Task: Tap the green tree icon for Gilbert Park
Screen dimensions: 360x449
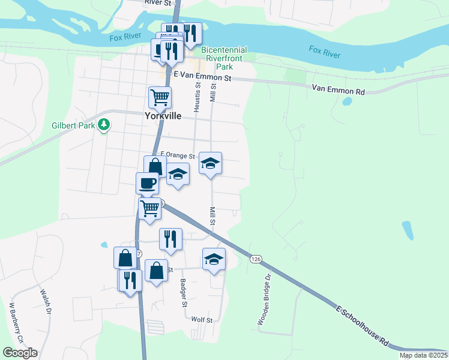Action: (104, 125)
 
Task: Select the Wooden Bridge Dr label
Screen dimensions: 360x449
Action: (264, 300)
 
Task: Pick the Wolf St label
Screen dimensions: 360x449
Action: (202, 320)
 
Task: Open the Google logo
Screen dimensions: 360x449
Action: (20, 353)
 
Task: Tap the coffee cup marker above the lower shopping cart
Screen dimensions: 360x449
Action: (147, 182)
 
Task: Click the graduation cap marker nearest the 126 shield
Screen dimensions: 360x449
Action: (214, 259)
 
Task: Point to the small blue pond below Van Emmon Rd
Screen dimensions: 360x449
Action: (347, 101)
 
